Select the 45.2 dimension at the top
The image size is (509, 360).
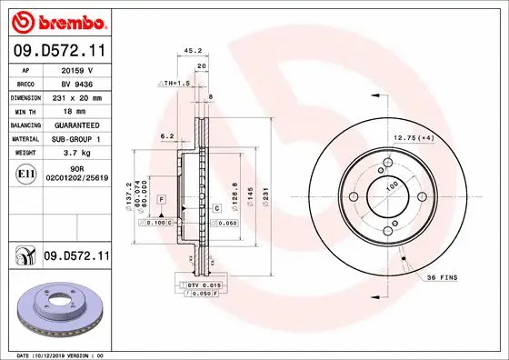(x=193, y=51)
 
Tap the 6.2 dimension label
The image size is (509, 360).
(x=166, y=135)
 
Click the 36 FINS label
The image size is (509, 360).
(x=444, y=277)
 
